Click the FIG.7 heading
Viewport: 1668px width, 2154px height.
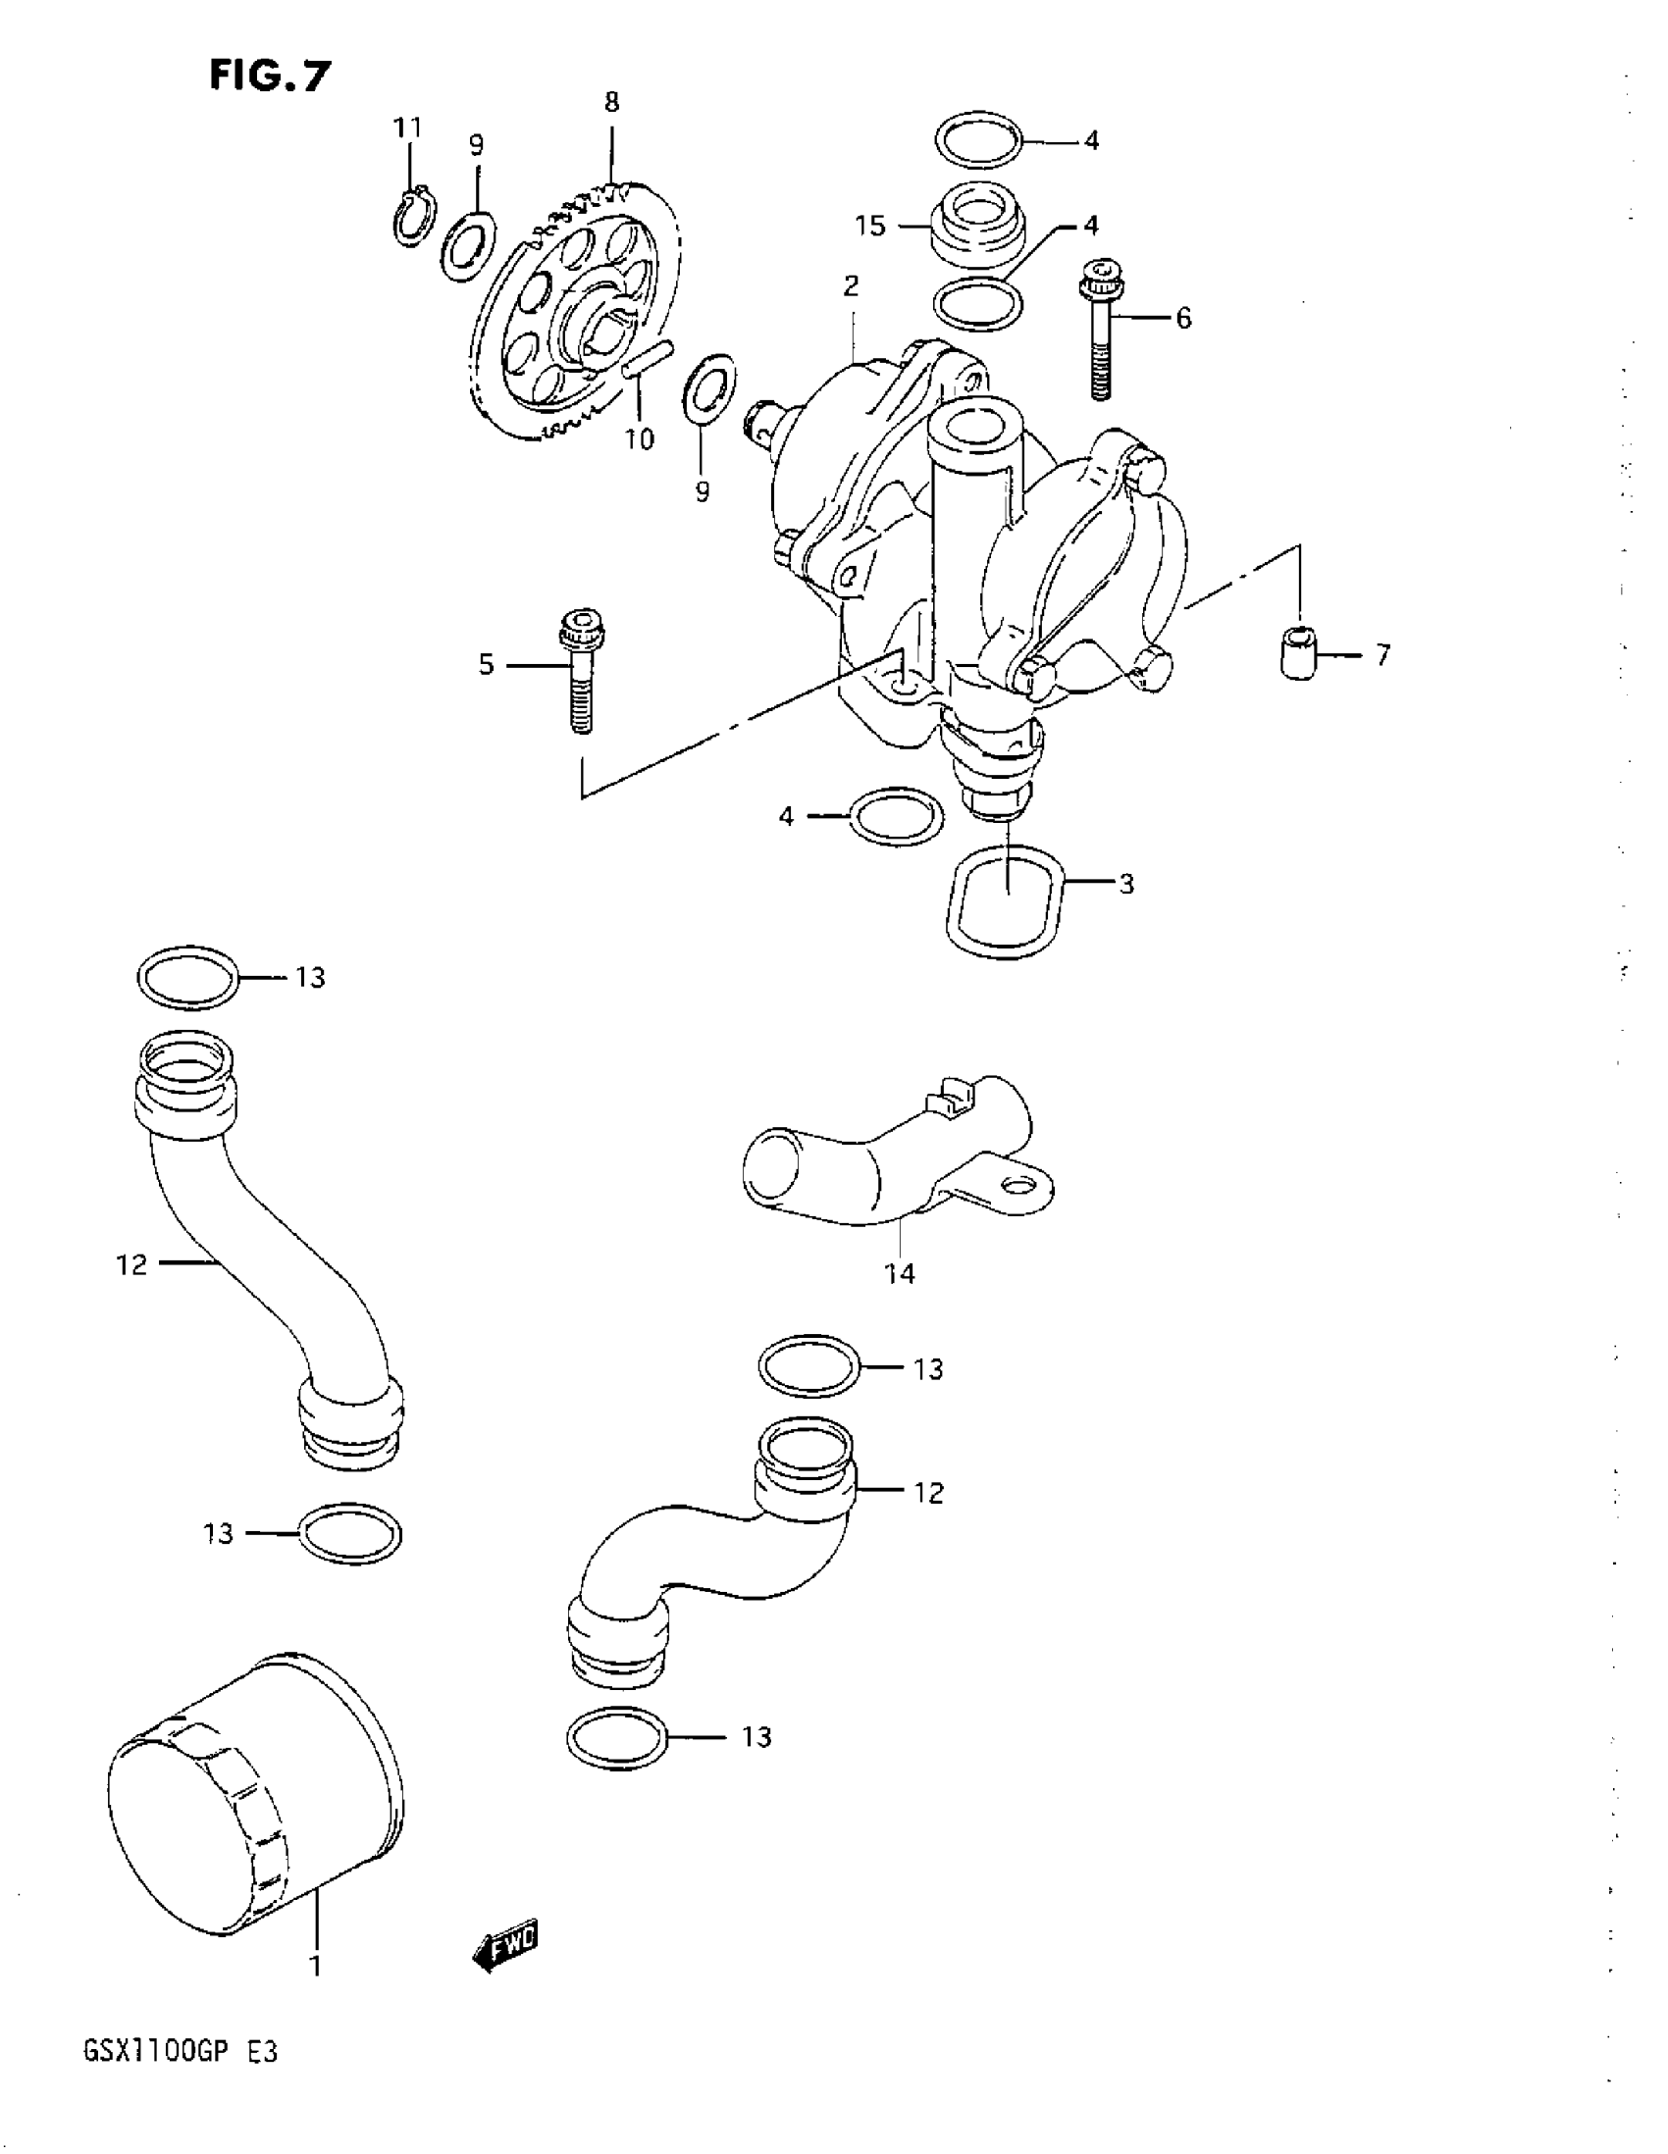coord(270,75)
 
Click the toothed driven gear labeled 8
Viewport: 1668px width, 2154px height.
coord(572,306)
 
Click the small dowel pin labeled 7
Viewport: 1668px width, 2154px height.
coord(1301,650)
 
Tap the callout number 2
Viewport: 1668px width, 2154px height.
coord(851,286)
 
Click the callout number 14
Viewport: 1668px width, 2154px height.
coord(899,1274)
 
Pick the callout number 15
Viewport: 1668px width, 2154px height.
coord(870,226)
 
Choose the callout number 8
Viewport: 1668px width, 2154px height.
coord(611,102)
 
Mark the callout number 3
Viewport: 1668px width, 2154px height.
coord(1126,884)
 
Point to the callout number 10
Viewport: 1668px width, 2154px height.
coord(639,438)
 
